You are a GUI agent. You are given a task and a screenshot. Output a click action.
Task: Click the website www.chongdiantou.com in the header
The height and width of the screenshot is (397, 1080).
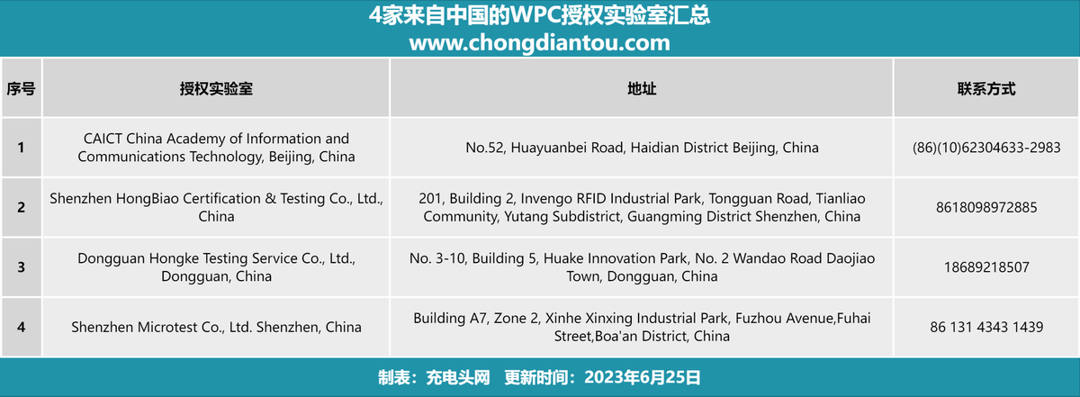(x=539, y=43)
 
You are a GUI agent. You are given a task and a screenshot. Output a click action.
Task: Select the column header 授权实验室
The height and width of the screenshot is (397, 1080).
(x=216, y=89)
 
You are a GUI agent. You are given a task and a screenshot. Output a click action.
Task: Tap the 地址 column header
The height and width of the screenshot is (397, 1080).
(x=641, y=89)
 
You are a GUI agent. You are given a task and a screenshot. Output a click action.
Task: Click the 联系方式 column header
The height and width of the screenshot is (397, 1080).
(x=986, y=89)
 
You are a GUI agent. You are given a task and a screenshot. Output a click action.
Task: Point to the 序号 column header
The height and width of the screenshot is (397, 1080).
(x=22, y=89)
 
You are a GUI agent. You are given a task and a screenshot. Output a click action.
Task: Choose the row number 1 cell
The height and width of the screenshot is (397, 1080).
(x=22, y=147)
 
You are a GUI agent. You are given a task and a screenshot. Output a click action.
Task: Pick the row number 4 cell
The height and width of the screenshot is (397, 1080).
(x=22, y=327)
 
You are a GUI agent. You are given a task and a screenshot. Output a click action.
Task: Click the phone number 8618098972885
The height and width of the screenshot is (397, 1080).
(x=986, y=207)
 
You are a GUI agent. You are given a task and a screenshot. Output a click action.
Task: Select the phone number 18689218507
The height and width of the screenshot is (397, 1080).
(x=986, y=267)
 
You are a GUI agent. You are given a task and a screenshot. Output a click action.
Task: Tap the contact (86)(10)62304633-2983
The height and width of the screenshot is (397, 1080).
(x=986, y=148)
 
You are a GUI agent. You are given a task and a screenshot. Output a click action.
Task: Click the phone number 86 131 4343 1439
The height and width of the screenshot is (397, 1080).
(x=986, y=327)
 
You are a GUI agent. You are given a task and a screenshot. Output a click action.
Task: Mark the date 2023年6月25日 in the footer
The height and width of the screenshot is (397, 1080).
(x=643, y=377)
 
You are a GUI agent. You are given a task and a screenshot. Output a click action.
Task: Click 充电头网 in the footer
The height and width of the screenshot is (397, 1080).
(x=457, y=377)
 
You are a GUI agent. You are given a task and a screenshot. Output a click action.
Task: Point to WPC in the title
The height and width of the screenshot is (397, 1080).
(x=535, y=15)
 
